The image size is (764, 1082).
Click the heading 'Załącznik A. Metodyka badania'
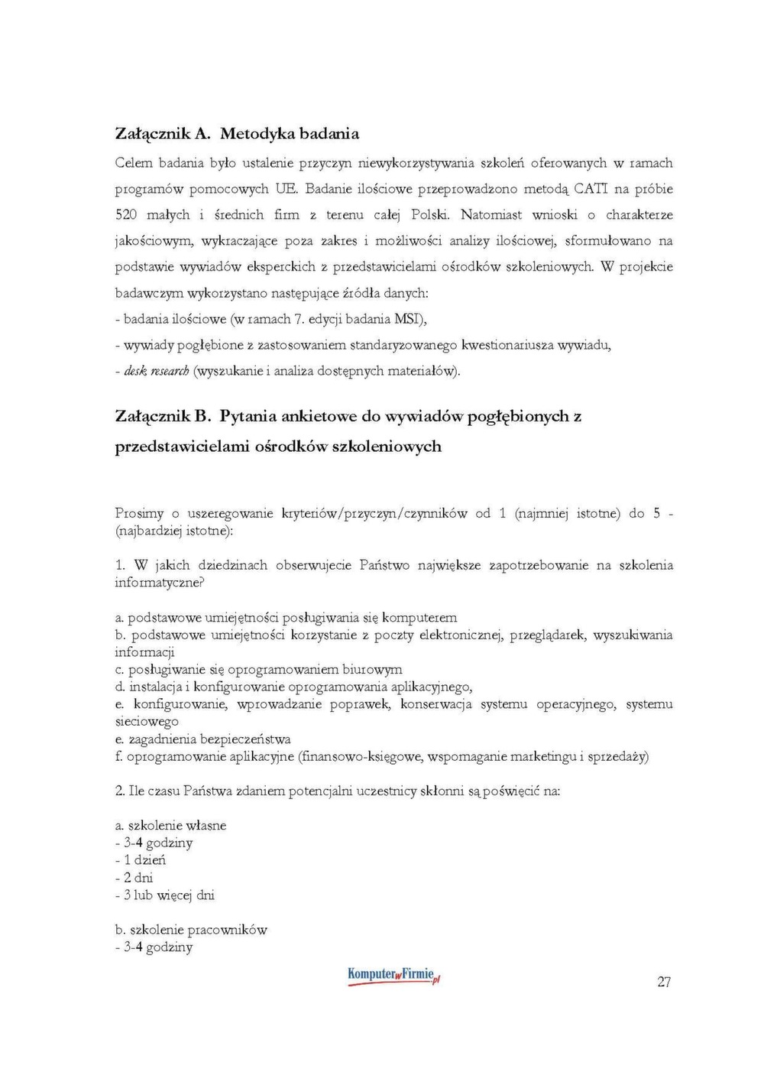pyautogui.click(x=237, y=134)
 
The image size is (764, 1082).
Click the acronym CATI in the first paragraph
pyautogui.click(x=590, y=189)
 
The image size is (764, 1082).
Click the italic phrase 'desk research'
pyautogui.click(x=157, y=372)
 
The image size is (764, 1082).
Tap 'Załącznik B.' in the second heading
pyautogui.click(x=163, y=417)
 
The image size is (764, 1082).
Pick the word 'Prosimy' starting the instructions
pyautogui.click(x=139, y=513)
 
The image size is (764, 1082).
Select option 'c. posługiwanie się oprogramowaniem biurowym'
pyautogui.click(x=258, y=670)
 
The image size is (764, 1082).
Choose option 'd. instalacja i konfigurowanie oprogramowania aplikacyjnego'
pyautogui.click(x=293, y=687)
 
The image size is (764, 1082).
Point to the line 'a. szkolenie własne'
pyautogui.click(x=170, y=826)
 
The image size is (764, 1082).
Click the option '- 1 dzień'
pyautogui.click(x=141, y=860)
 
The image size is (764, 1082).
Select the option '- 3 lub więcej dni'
pyautogui.click(x=165, y=895)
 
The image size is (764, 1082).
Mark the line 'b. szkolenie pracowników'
pyautogui.click(x=191, y=930)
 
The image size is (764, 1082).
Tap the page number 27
pyautogui.click(x=664, y=983)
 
